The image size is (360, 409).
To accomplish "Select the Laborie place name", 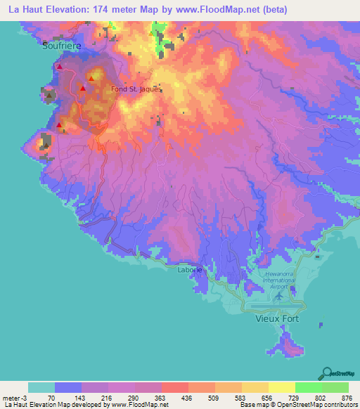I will click(x=190, y=269).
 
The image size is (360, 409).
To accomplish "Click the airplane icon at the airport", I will click(x=279, y=296).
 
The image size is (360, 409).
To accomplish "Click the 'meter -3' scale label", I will click(x=13, y=396).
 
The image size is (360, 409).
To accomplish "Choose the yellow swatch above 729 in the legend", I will click(x=281, y=387).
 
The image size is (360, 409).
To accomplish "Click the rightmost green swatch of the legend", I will click(x=335, y=387).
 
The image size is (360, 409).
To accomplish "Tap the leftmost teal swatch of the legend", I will click(x=41, y=387).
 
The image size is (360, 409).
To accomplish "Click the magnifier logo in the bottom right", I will click(x=328, y=372).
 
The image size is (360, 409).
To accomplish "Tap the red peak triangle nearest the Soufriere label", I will click(x=60, y=67).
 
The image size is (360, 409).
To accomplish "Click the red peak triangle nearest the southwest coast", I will click(x=59, y=126).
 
